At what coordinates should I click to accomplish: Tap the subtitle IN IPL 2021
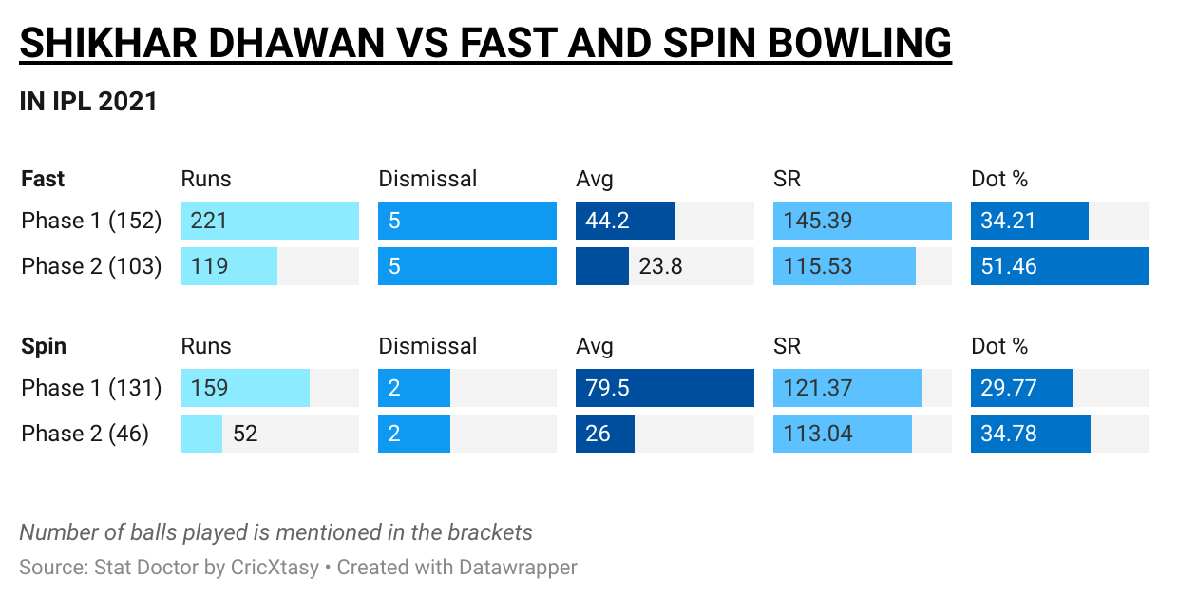tap(88, 102)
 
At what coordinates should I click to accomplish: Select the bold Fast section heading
tap(43, 179)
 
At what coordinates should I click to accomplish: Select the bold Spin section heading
tap(44, 346)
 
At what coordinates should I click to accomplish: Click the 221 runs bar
tap(270, 221)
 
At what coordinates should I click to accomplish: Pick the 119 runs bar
tap(229, 266)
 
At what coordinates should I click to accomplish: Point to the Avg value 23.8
tap(660, 266)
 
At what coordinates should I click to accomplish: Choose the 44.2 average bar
tap(624, 221)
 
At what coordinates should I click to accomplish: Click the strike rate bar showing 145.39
tap(862, 221)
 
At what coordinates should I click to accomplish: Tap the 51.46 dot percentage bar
tap(1059, 266)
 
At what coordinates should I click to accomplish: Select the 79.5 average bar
tap(664, 388)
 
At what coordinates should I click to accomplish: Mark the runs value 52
tap(245, 434)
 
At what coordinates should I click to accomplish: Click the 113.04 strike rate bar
tap(842, 434)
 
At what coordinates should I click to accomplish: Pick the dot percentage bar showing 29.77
tap(1021, 388)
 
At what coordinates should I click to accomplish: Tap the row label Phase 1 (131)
tap(91, 388)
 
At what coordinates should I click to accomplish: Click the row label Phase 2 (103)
tap(91, 266)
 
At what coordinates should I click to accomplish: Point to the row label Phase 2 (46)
tap(85, 434)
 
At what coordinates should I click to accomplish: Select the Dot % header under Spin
tap(999, 346)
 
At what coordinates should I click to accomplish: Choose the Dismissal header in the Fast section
tap(427, 179)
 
